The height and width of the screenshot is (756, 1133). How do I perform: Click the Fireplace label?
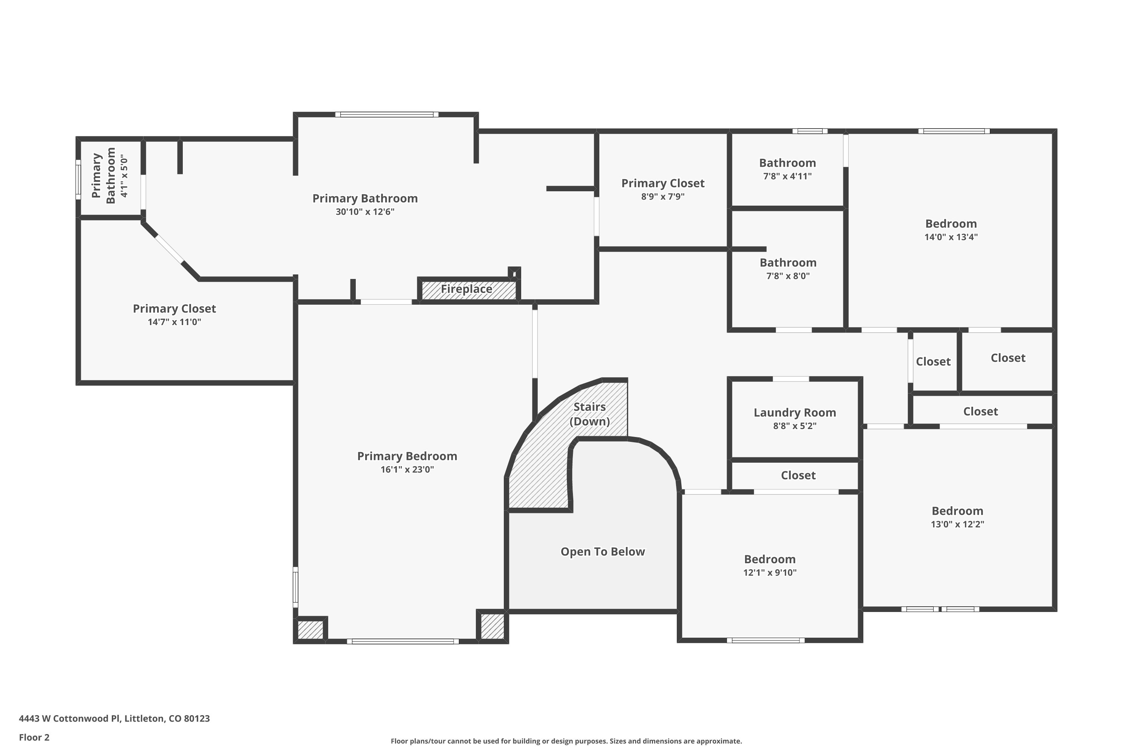click(x=466, y=289)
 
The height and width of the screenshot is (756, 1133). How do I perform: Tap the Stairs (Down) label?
click(x=589, y=414)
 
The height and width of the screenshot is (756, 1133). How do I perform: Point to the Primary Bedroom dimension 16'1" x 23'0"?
click(x=407, y=469)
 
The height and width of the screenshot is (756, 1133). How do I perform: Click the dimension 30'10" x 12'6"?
click(x=365, y=212)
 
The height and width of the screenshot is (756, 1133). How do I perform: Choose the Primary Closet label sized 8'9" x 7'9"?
click(x=662, y=183)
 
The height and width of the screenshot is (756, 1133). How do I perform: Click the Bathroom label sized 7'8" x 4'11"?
click(x=787, y=163)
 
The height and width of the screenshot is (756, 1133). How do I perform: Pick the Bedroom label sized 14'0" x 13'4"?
click(x=951, y=224)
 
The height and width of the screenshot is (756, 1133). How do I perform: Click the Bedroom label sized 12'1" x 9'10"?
click(x=769, y=559)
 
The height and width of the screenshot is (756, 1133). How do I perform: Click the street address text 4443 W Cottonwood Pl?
click(x=114, y=719)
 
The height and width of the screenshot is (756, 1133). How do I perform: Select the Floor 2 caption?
click(x=34, y=737)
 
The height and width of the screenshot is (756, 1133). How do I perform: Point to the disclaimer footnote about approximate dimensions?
click(x=566, y=741)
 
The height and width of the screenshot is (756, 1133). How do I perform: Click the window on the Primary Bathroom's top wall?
click(x=387, y=115)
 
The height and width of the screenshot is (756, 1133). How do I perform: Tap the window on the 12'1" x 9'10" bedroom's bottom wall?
click(x=765, y=640)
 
